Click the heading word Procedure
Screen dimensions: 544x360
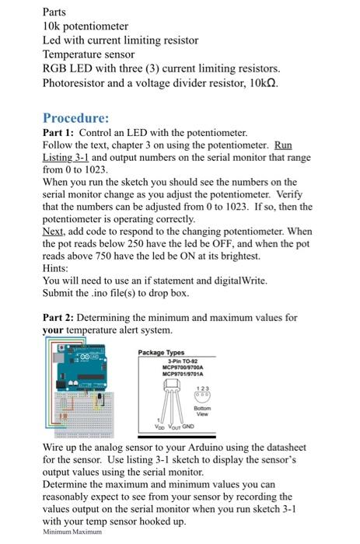click(75, 118)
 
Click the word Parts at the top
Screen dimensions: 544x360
click(54, 12)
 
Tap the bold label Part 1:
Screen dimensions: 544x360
click(58, 133)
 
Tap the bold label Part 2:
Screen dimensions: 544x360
click(58, 317)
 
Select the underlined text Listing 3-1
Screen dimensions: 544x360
click(67, 157)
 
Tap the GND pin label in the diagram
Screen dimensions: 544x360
click(188, 427)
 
